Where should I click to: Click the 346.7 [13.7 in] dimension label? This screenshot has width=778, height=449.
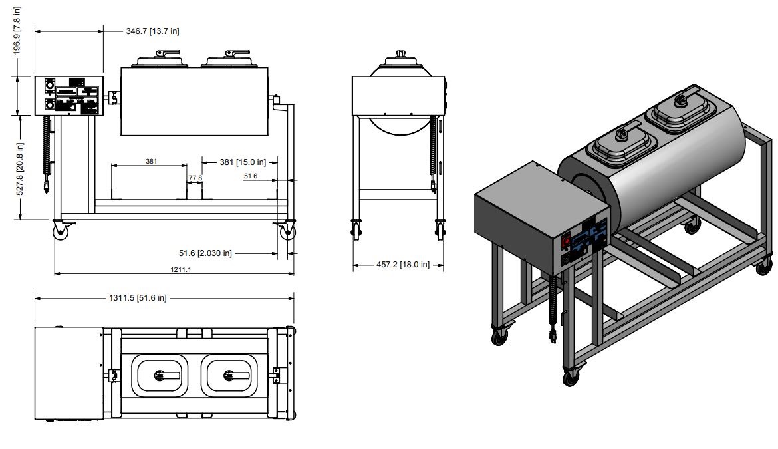(x=152, y=31)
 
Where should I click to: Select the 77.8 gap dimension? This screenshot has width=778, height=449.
(x=195, y=178)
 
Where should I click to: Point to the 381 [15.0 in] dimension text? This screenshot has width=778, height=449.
(x=236, y=162)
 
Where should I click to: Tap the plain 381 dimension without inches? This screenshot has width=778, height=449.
(x=151, y=161)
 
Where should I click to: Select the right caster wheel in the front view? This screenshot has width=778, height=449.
(x=287, y=232)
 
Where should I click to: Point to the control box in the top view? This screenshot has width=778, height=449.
(x=68, y=373)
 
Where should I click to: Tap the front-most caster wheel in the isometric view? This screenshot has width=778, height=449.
(x=571, y=378)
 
